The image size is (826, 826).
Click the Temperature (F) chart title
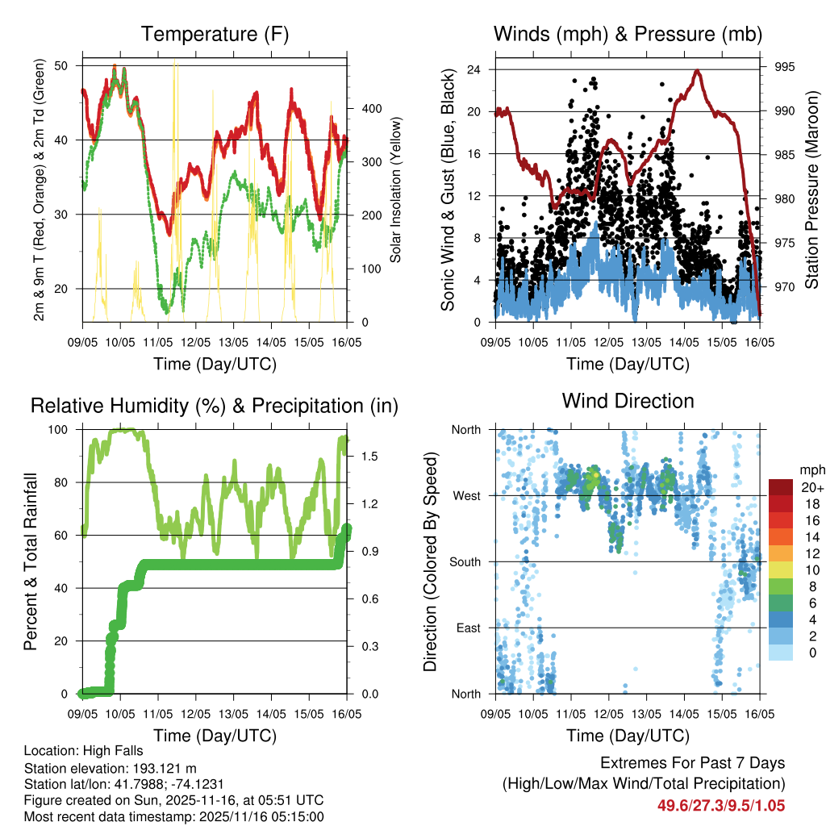tap(215, 34)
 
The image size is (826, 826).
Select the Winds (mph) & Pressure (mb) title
tap(628, 34)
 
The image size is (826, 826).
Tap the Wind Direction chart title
tap(628, 400)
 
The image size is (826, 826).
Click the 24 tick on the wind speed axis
tap(474, 69)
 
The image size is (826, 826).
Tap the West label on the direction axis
tap(466, 495)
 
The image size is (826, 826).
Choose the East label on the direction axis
tap(468, 628)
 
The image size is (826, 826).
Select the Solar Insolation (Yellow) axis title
tap(396, 190)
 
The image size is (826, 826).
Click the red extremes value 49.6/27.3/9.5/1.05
tap(721, 805)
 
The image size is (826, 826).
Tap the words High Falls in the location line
tap(103, 750)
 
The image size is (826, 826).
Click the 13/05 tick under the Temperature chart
tap(233, 343)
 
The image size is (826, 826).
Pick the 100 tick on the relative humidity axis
tap(59, 429)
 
